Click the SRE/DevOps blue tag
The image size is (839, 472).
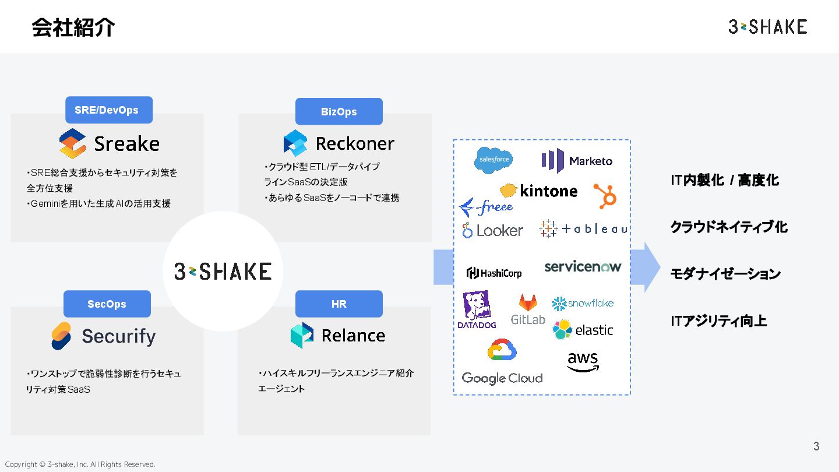click(x=109, y=110)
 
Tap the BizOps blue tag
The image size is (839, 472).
click(x=339, y=111)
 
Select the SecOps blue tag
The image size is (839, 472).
click(x=107, y=304)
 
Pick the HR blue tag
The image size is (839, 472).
click(x=339, y=304)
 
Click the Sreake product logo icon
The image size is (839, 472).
click(x=73, y=143)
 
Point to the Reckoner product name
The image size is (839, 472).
click(x=355, y=143)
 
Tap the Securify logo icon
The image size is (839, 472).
click(x=61, y=336)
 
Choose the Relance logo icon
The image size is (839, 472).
click(x=302, y=335)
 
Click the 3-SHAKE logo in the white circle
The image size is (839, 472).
click(x=223, y=271)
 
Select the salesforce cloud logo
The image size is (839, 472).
click(x=493, y=159)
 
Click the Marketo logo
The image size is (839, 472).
click(x=577, y=160)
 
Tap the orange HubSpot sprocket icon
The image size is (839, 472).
click(x=605, y=196)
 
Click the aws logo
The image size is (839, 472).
click(x=583, y=361)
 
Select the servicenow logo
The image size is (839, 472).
click(x=583, y=266)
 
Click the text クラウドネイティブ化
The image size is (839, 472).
click(x=728, y=227)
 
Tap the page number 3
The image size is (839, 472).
click(x=816, y=446)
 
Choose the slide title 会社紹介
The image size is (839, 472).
click(x=73, y=27)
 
